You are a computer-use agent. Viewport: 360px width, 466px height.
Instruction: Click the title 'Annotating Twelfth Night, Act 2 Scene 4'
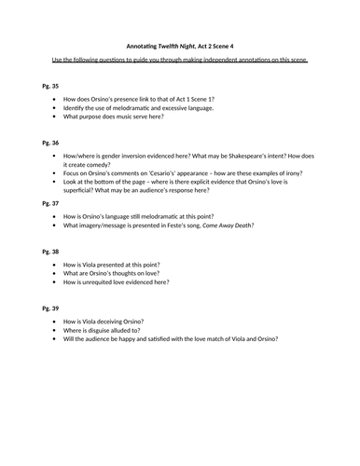pos(180,43)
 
